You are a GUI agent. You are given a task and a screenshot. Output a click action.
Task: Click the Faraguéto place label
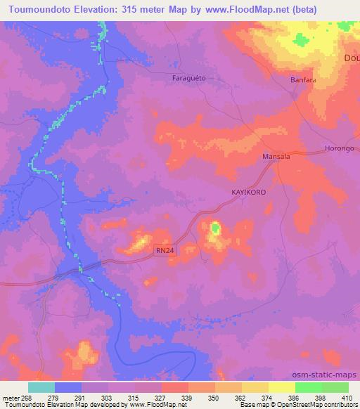click(x=188, y=78)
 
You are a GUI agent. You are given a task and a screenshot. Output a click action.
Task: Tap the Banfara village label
click(x=304, y=80)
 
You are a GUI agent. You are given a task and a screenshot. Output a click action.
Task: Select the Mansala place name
click(x=276, y=157)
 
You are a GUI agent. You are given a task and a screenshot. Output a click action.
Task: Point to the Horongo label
click(x=339, y=149)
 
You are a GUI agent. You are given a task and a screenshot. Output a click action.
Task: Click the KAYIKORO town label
click(x=250, y=190)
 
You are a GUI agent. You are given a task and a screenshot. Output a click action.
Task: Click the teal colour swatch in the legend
click(x=41, y=387)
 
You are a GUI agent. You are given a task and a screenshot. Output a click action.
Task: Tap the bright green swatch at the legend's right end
click(x=335, y=387)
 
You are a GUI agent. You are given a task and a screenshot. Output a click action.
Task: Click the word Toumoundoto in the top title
click(x=34, y=9)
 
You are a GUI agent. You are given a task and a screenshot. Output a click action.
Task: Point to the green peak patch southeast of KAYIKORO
click(x=215, y=228)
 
